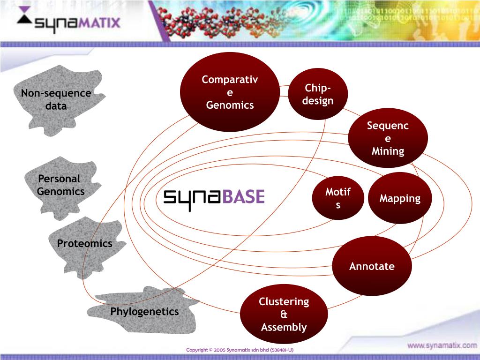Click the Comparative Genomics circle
[230, 92]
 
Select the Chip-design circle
[318, 94]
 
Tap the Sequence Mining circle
[388, 138]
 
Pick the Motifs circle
[338, 198]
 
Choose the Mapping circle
[400, 198]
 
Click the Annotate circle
[372, 266]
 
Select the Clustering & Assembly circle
[284, 314]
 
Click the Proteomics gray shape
[85, 246]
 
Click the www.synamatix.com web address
[442, 345]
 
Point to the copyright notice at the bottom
[240, 350]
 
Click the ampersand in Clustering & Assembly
[284, 314]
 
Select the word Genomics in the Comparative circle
[230, 105]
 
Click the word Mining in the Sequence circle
[388, 151]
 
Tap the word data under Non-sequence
[56, 106]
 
